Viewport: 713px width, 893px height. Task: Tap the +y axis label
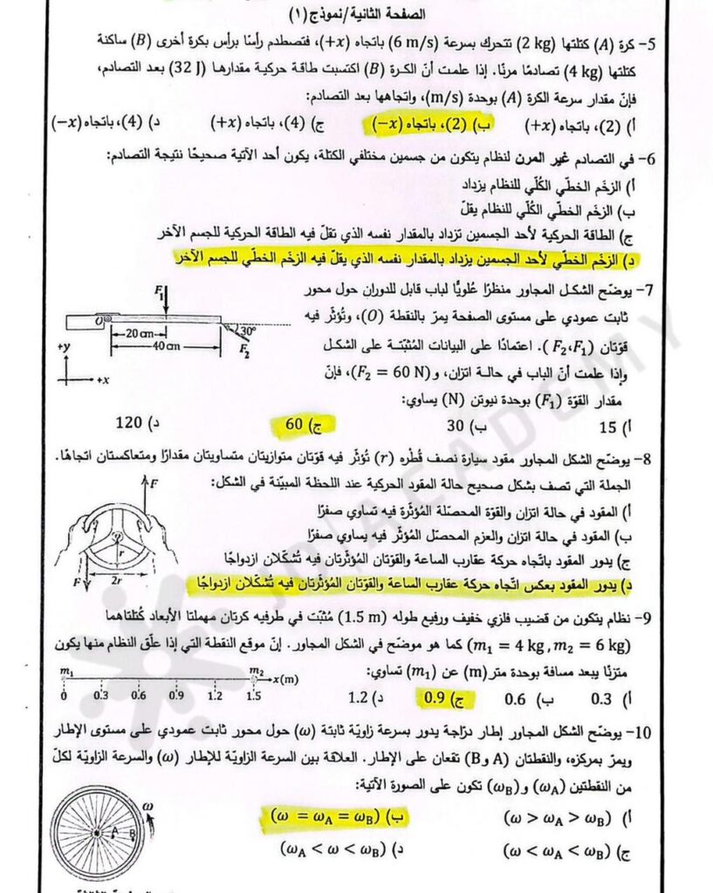click(x=62, y=347)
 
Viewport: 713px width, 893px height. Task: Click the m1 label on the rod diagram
click(x=65, y=671)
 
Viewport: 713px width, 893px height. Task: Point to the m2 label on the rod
click(x=257, y=671)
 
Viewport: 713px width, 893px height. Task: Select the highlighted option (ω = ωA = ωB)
click(x=335, y=819)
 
